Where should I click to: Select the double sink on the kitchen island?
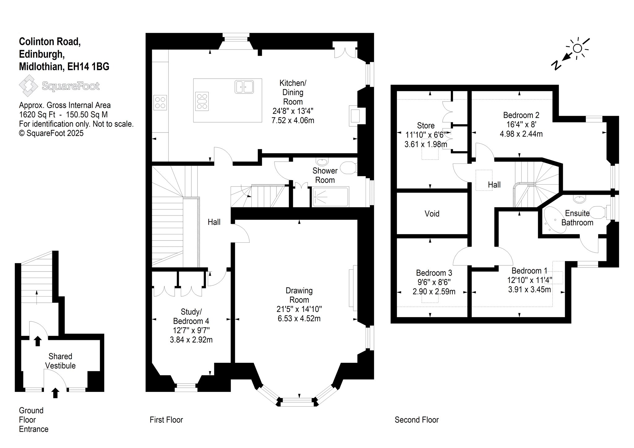click(244, 87)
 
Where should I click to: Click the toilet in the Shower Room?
click(349, 167)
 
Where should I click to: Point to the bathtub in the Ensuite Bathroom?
click(555, 220)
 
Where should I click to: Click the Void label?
click(432, 214)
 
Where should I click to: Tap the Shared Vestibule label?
click(60, 361)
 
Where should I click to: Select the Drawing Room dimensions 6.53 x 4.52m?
click(299, 318)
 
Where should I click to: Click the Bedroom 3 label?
click(434, 273)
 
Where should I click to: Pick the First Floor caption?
click(166, 420)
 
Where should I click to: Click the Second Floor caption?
click(417, 420)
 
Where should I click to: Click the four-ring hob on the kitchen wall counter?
click(160, 102)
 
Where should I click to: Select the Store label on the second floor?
click(426, 125)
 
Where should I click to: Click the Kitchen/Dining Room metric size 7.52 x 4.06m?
click(293, 120)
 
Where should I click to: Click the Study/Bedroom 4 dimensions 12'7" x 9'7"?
click(191, 330)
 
